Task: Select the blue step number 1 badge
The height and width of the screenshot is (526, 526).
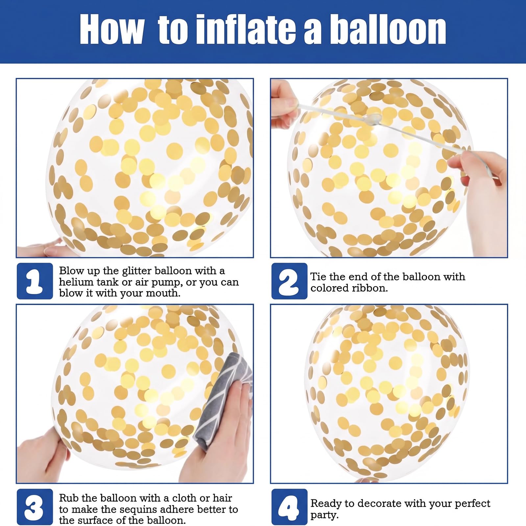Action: coord(35,281)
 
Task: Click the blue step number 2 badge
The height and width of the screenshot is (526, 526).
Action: coord(289,281)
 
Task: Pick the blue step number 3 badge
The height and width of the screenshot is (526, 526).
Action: coord(35,507)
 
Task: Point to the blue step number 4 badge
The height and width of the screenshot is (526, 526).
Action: coord(289,507)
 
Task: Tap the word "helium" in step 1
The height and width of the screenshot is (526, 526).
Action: coord(76,282)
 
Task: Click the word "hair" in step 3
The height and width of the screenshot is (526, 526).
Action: coord(222,498)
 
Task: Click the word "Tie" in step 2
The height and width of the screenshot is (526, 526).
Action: coord(318,277)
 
